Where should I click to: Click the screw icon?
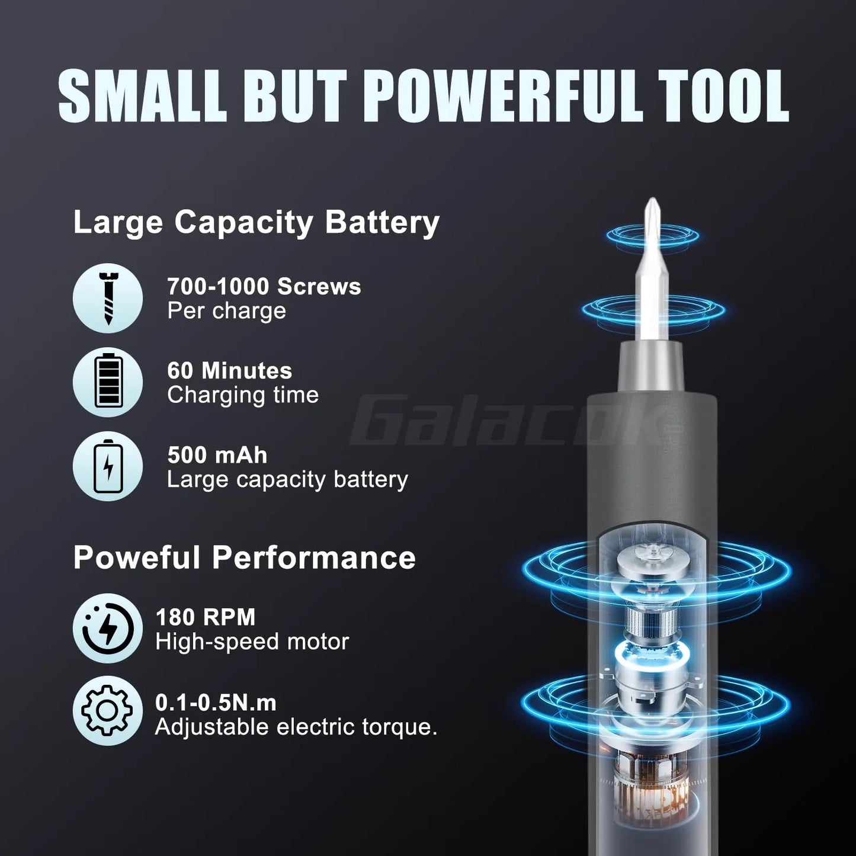(x=108, y=298)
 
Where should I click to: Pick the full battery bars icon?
(x=108, y=382)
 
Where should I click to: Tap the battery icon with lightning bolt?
(x=108, y=466)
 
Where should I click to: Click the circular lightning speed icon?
(x=108, y=629)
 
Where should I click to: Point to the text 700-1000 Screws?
(x=264, y=287)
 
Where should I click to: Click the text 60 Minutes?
(x=229, y=371)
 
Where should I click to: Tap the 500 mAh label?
(x=217, y=455)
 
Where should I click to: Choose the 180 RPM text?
(x=205, y=617)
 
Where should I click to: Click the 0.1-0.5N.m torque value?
(x=216, y=703)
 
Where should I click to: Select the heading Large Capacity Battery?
(x=256, y=222)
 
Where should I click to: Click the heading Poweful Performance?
(x=244, y=557)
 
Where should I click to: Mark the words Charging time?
(x=243, y=395)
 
